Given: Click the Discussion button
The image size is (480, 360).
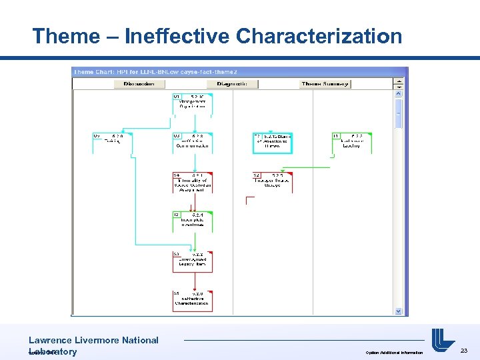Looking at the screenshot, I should point(140,84).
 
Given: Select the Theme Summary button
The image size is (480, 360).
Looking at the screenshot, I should point(325,84).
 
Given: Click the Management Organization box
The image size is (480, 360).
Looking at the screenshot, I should point(193,103).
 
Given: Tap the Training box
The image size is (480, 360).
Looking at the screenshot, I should point(112,141).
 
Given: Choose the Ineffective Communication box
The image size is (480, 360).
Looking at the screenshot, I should point(193,141).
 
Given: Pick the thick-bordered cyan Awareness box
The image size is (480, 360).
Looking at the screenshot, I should point(272,143).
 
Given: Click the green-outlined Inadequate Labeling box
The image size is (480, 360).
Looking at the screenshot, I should point(351,141).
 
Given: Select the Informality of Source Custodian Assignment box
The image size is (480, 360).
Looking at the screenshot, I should point(193,183).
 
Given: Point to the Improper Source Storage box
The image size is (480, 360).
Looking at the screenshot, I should point(272,181).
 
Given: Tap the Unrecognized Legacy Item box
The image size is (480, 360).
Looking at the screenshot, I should point(193,260).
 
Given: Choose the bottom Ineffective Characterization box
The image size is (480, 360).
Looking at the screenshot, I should point(193,300).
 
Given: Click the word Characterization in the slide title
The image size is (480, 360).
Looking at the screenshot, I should point(319,36).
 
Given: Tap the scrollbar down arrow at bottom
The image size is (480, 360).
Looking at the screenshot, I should point(399,311).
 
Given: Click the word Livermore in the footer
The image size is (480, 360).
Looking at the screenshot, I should point(98,340).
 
